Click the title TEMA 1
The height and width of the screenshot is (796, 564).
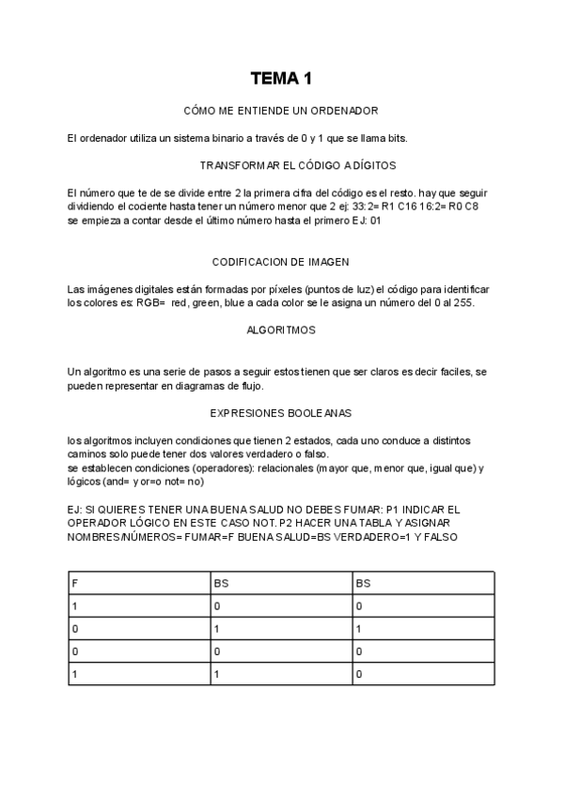(281, 78)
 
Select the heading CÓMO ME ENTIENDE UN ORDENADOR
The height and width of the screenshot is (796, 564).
(281, 111)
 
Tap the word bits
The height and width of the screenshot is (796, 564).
(420, 138)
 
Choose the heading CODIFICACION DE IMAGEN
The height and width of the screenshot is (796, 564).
(281, 262)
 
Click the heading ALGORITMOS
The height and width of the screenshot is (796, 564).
(281, 330)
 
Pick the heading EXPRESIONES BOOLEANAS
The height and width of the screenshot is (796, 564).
(281, 413)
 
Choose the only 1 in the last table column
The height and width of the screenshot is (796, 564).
(359, 629)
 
